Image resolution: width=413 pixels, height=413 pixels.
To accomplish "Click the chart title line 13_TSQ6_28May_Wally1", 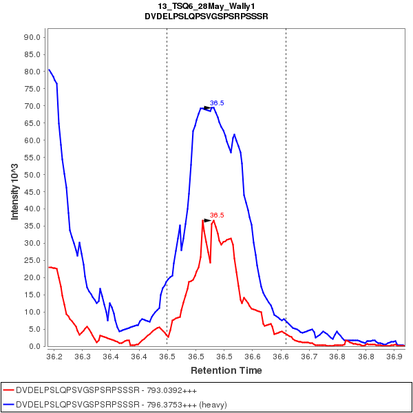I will pos(206,6).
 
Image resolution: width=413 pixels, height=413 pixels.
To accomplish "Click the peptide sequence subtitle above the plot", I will pos(206,16).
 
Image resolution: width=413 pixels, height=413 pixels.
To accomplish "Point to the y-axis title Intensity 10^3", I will pos(14,191).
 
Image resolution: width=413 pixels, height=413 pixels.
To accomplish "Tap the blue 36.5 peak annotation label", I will pos(217,103).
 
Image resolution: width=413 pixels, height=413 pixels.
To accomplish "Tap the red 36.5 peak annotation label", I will pos(217,215).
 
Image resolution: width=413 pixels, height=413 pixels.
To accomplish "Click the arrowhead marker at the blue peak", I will pos(206,108).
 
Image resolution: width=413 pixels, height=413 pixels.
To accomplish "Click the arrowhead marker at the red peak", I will pos(207,220).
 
